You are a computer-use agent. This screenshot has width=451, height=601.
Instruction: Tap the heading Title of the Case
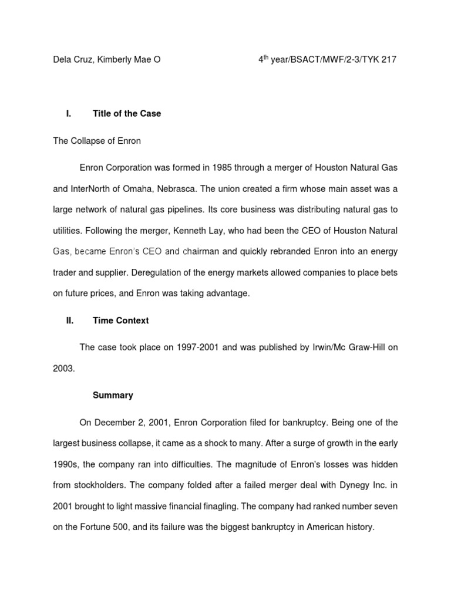coord(127,114)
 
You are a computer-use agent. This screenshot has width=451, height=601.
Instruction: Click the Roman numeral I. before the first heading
coord(68,114)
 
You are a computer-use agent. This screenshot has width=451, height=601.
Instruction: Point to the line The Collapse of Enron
coord(97,141)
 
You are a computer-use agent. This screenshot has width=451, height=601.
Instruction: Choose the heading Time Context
coord(120,320)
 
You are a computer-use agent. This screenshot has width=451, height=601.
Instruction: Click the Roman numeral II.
coord(69,320)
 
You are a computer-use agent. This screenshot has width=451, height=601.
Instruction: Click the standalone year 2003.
coord(63,369)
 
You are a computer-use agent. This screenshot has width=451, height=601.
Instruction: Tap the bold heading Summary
coord(113,396)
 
